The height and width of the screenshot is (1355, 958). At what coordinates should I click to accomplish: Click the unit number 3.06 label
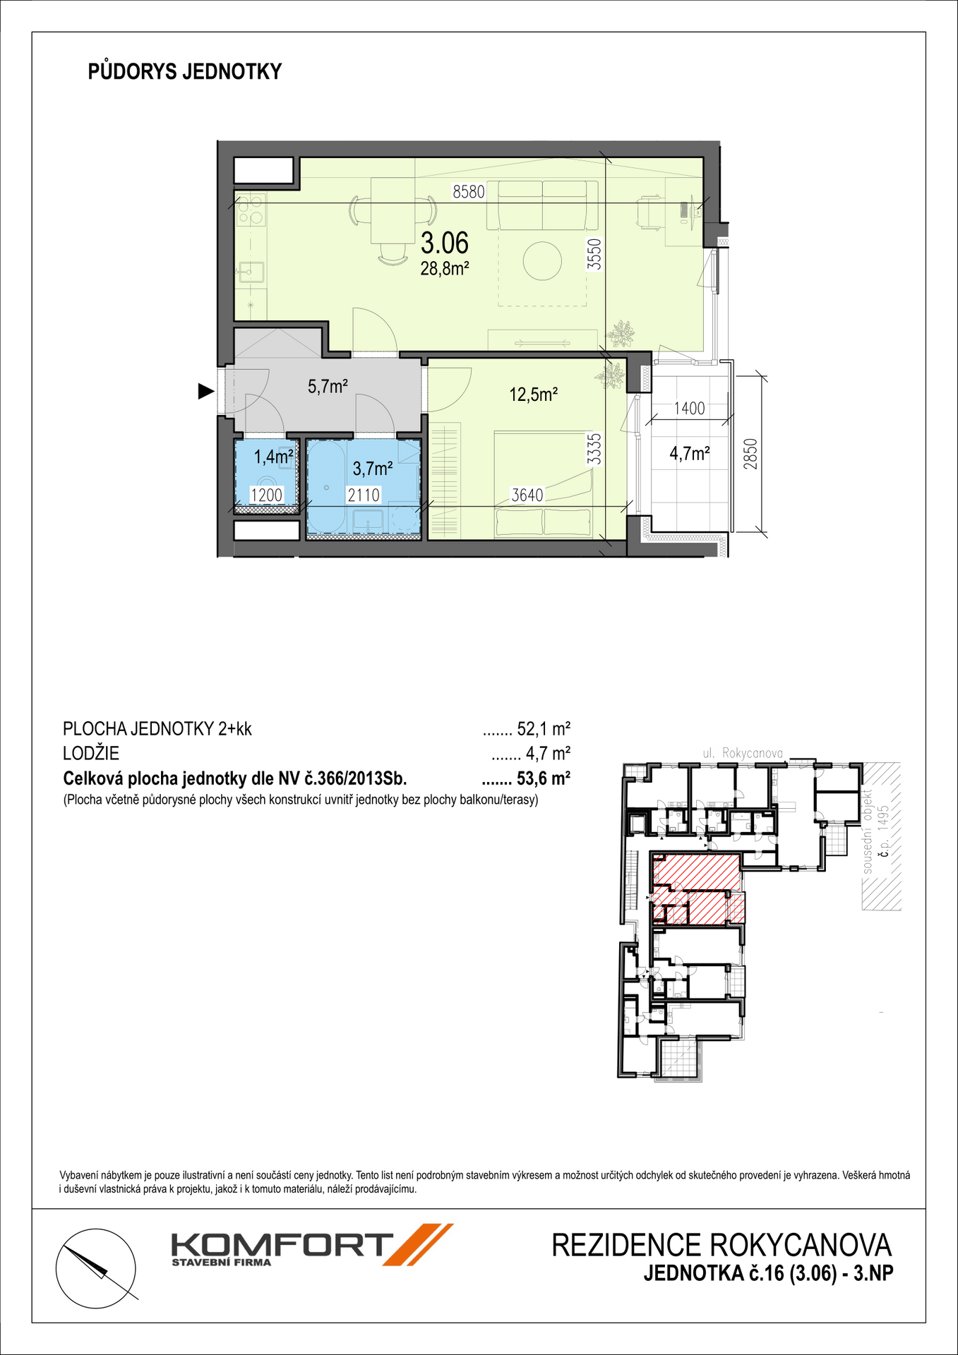coord(445,243)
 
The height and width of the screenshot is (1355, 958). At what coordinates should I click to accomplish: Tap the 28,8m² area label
coord(445,268)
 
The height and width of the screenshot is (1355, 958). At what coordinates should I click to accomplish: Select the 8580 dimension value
coord(469,191)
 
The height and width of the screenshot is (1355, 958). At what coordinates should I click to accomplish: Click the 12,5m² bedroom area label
coord(534,395)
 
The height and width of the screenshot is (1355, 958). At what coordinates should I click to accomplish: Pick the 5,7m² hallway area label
coord(328,386)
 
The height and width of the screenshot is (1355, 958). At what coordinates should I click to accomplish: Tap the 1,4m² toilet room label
coord(274,457)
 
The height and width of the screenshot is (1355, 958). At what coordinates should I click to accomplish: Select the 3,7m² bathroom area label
coord(373,468)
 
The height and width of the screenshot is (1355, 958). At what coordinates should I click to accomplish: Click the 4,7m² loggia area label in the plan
coord(690,454)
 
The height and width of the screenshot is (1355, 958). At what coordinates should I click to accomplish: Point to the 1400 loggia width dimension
coord(689,408)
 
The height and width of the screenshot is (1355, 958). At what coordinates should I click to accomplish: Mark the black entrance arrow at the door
coord(205,391)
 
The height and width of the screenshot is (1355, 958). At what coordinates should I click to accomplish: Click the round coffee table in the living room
coord(542,261)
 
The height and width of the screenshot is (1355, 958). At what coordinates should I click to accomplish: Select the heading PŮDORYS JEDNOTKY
coord(185,71)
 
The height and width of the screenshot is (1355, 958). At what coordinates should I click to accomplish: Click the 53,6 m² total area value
coord(543,778)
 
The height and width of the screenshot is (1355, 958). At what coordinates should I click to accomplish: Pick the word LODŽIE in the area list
coord(91,753)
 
